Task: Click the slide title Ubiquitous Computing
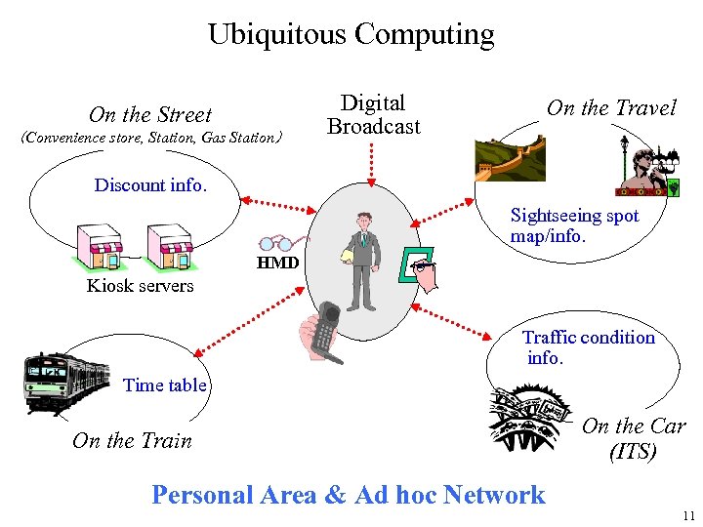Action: [x=351, y=35]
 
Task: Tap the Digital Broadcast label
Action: [x=373, y=115]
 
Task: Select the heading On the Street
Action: [x=149, y=115]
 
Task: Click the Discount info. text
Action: [x=150, y=184]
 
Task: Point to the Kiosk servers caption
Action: [x=140, y=286]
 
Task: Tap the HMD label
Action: [x=276, y=263]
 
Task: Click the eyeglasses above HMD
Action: [x=282, y=243]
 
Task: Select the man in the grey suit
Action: [x=364, y=259]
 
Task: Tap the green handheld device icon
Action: [x=414, y=264]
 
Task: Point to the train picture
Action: [x=66, y=381]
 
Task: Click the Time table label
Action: [x=165, y=385]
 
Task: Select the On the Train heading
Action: [x=132, y=440]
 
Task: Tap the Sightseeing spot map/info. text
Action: [x=574, y=225]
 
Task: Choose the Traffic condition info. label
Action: [x=587, y=347]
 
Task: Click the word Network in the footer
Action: [x=494, y=495]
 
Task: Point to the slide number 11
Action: [x=688, y=515]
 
